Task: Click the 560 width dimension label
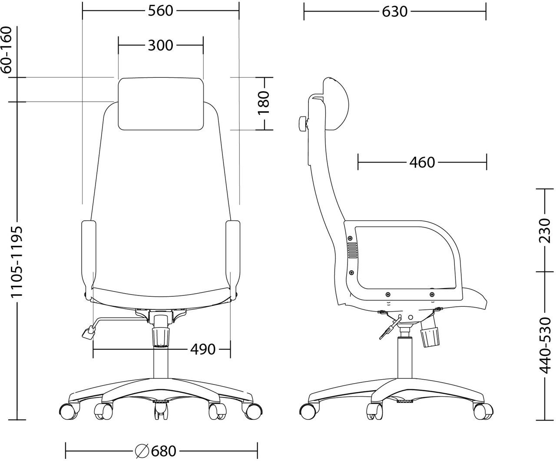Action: coord(161,11)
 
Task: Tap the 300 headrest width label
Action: coord(161,46)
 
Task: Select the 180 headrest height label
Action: coord(264,103)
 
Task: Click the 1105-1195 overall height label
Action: coord(17,262)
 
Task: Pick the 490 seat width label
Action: coord(203,349)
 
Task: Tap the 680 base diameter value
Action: coord(164,451)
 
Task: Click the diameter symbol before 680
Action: coord(142,451)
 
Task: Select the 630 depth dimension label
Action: coord(395,12)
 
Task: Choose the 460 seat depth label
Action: coord(422,163)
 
